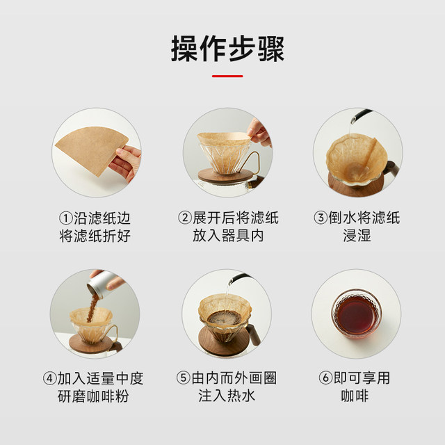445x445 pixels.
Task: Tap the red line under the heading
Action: (222, 76)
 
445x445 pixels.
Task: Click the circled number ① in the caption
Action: (65, 217)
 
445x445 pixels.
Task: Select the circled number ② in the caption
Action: (185, 217)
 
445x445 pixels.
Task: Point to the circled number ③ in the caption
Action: (321, 217)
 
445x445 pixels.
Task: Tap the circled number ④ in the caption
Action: (50, 379)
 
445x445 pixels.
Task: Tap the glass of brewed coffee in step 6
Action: (355, 321)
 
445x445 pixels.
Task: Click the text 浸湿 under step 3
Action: (355, 236)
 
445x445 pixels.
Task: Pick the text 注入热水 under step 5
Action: (222, 397)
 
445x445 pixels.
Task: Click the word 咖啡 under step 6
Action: (355, 397)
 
